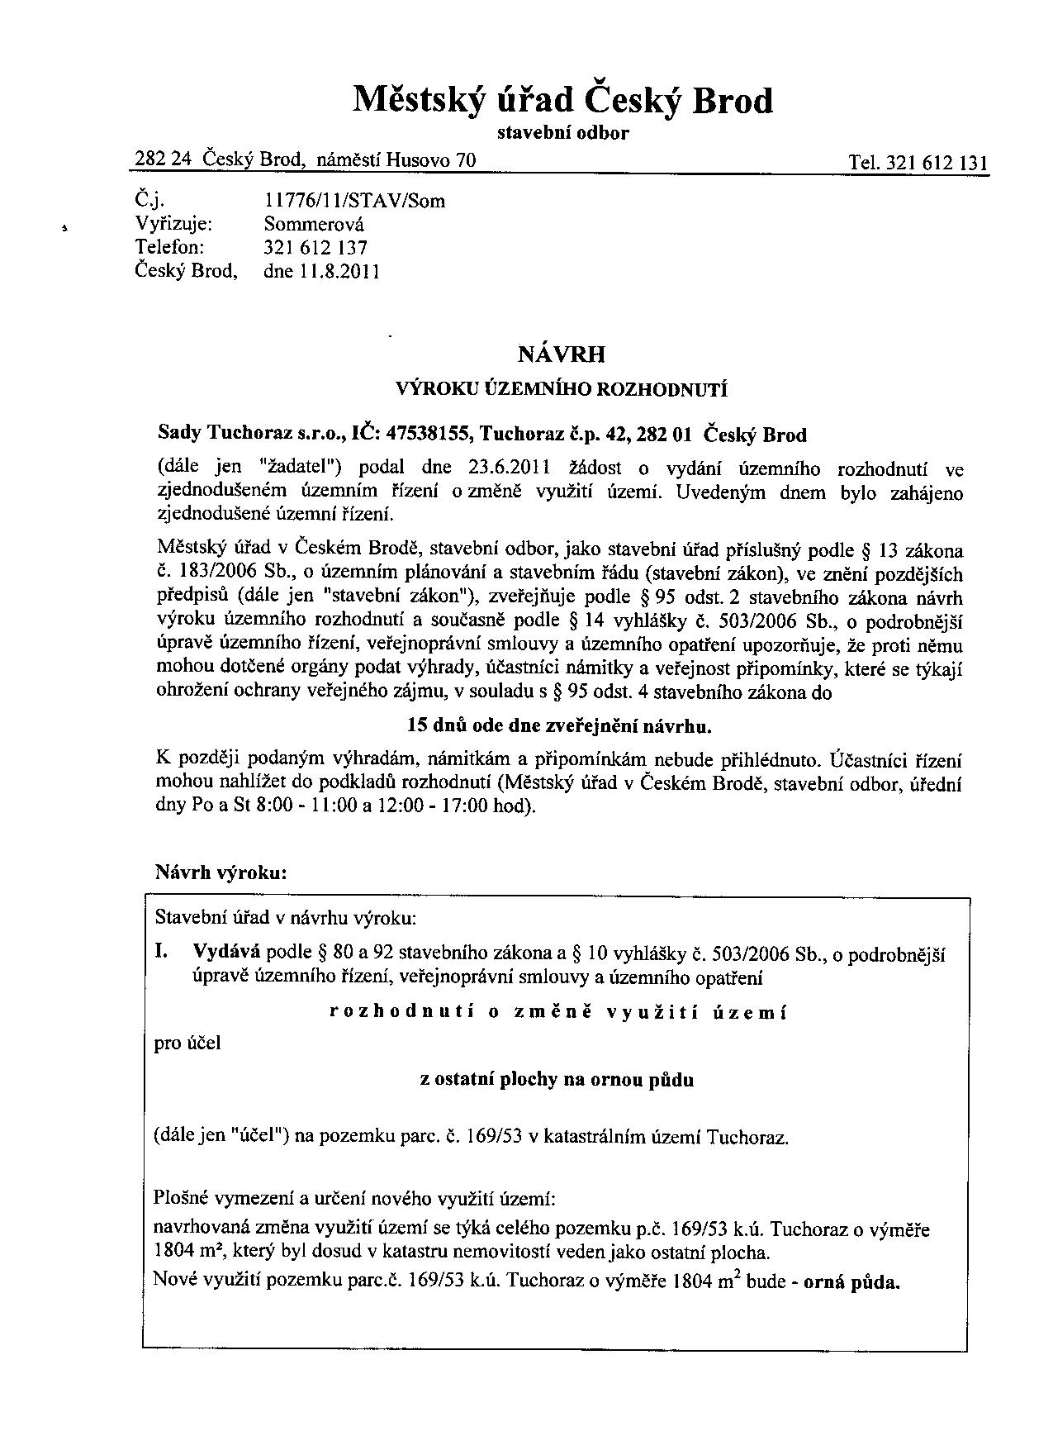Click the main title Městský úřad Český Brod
(562, 101)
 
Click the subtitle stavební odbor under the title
(562, 134)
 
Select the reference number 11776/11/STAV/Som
(354, 201)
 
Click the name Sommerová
(314, 224)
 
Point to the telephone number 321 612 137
(315, 248)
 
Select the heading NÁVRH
(561, 355)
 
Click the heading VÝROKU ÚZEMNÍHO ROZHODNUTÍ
(562, 390)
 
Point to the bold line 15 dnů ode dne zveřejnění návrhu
(559, 726)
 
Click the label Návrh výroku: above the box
(221, 872)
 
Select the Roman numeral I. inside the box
(162, 953)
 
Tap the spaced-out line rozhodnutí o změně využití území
(558, 1013)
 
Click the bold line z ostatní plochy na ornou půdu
(557, 1080)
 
